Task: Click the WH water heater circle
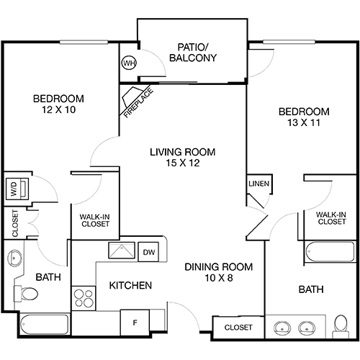click(130, 63)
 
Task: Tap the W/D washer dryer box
click(15, 190)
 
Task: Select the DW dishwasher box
click(149, 252)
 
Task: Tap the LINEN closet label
click(258, 184)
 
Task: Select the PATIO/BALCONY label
click(192, 53)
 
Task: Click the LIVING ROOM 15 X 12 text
click(182, 158)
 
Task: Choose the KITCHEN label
click(130, 286)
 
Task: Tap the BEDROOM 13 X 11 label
click(304, 117)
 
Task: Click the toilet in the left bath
click(28, 294)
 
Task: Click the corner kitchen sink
click(120, 251)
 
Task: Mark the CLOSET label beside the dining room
click(238, 328)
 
